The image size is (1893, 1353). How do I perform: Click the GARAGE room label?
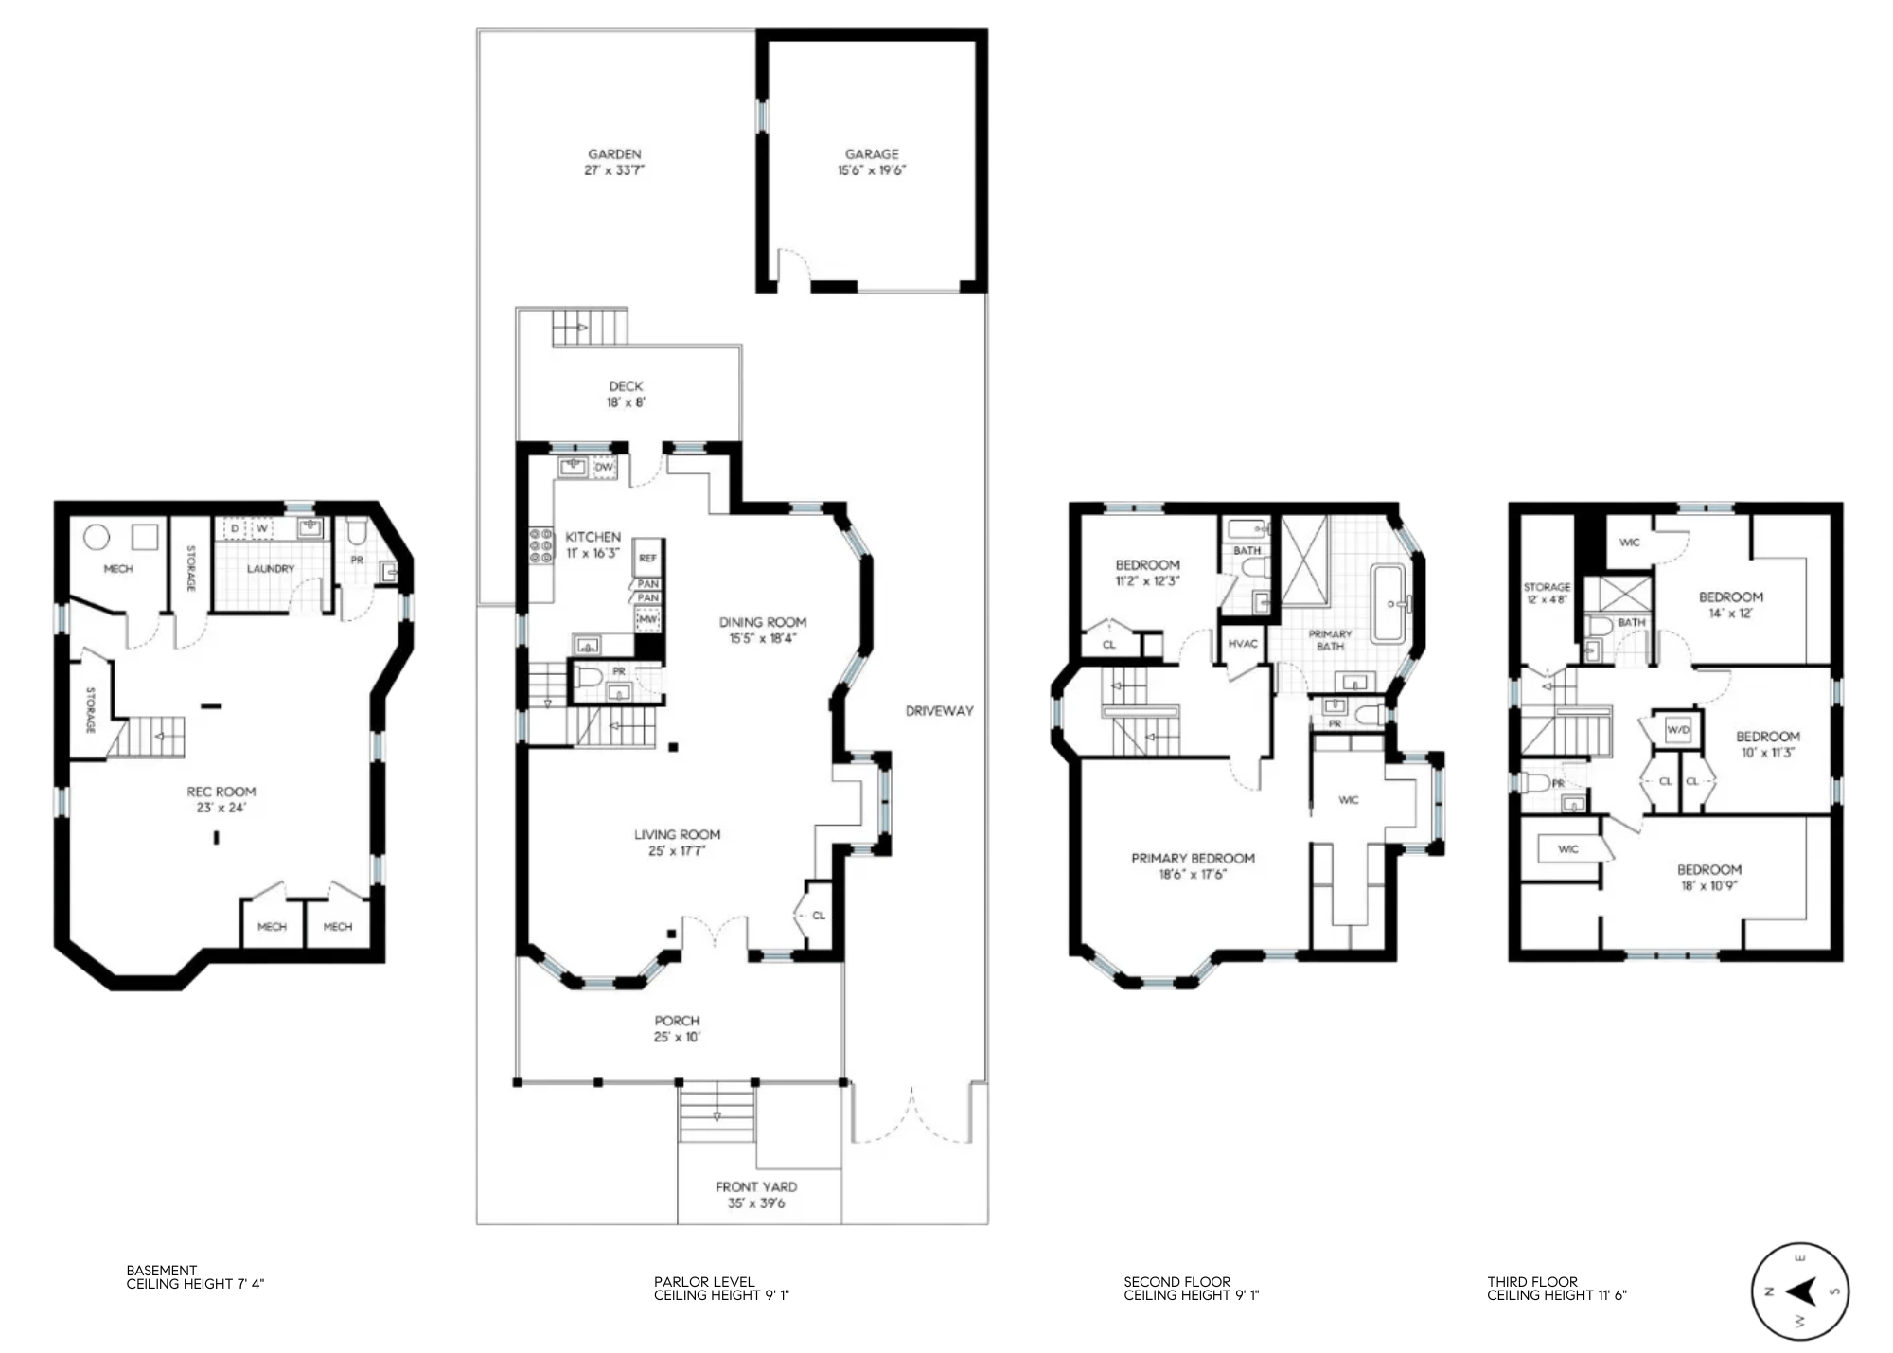[872, 153]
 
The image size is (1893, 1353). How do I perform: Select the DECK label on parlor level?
[626, 386]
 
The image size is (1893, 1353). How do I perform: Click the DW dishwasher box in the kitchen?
[604, 468]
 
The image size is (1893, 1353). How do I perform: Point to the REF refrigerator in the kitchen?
[647, 558]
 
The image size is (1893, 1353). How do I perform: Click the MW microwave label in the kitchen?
[647, 619]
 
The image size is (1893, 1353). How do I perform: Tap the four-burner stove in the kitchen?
[540, 546]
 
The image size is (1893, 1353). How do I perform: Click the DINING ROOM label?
[762, 622]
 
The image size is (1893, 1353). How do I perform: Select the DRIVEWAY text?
[939, 710]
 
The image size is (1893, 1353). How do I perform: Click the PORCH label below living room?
[677, 1021]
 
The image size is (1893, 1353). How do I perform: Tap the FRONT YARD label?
[755, 1186]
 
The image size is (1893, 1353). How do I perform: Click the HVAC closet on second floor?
[1243, 644]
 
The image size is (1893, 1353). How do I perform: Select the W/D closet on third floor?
[1677, 730]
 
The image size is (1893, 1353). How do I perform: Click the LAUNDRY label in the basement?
[271, 569]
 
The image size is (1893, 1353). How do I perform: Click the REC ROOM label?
[221, 792]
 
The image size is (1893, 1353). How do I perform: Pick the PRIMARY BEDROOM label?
[1193, 858]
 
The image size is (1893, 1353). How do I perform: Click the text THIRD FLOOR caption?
[1531, 1282]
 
